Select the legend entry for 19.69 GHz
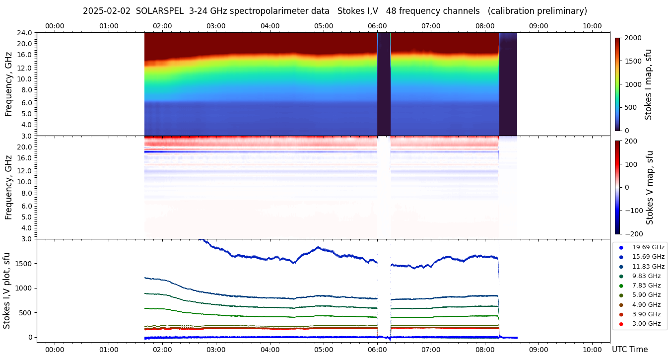(x=648, y=247)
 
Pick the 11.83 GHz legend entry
(x=648, y=267)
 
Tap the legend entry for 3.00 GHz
(x=646, y=324)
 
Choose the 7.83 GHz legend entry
(x=646, y=286)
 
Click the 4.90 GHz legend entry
(x=646, y=305)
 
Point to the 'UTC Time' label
(x=629, y=350)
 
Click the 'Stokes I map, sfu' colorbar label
(x=648, y=84)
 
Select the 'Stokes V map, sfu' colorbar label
(x=650, y=188)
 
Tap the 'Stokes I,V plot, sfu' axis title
(x=7, y=290)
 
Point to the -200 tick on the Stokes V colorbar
(x=633, y=234)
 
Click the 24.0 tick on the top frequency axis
(x=25, y=33)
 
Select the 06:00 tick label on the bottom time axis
(x=377, y=350)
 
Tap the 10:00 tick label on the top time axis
(x=592, y=26)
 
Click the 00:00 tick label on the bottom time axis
(x=55, y=350)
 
